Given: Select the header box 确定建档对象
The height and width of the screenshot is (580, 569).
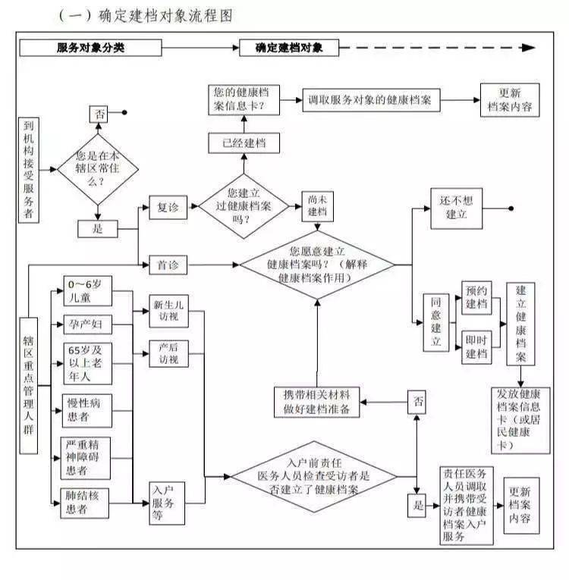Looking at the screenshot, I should coord(289,48).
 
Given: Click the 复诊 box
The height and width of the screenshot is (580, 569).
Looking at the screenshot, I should coord(168,207).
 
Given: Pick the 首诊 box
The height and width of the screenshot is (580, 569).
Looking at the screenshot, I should coord(168,265).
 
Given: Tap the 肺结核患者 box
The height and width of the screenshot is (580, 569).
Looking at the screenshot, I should coord(87,501).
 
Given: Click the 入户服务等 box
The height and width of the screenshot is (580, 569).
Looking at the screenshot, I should coord(167,501).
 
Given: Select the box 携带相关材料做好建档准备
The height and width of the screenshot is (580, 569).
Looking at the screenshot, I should coord(317,402).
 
